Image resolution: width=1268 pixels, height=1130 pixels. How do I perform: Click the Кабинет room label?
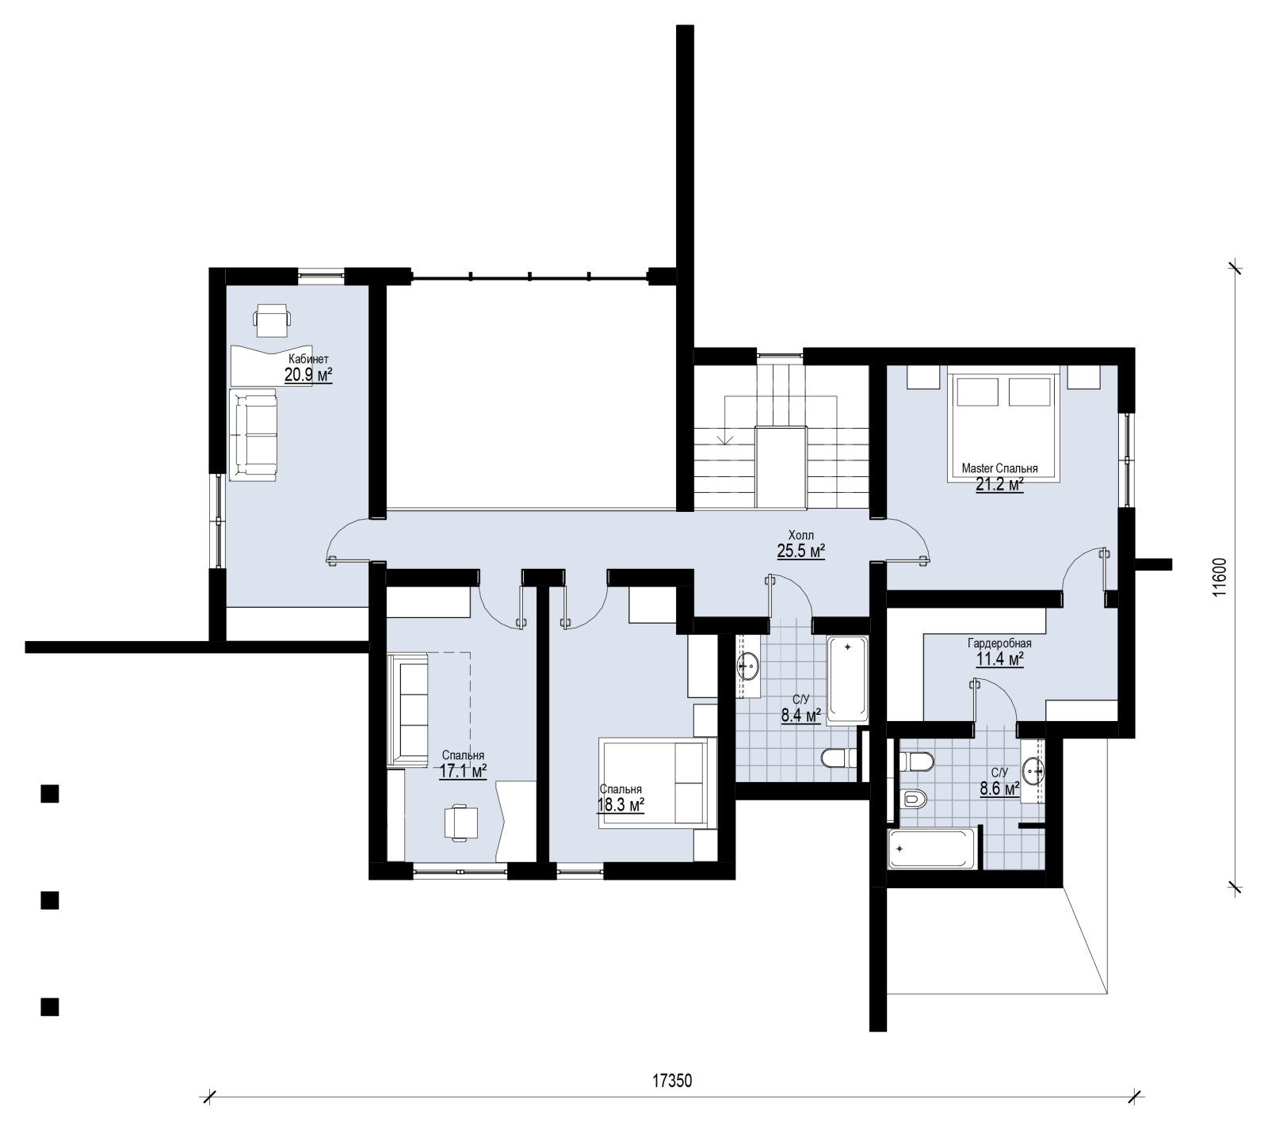click(x=308, y=358)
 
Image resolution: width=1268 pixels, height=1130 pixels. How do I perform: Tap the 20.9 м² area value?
click(x=308, y=375)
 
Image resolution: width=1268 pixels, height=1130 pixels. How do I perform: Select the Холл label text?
click(x=801, y=535)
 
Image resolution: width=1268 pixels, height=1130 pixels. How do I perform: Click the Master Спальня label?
click(x=999, y=468)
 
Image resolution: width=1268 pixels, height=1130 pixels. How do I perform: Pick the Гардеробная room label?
click(x=999, y=643)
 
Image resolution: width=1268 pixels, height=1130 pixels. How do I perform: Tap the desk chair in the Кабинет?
click(x=272, y=318)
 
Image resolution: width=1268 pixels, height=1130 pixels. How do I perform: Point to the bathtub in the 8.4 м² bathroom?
click(x=847, y=680)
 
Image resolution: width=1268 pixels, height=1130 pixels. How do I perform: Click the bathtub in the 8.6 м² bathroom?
click(x=933, y=849)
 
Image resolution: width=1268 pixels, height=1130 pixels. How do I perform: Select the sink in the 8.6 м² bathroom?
click(x=1033, y=769)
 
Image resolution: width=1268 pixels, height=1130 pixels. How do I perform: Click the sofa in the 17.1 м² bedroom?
click(x=408, y=709)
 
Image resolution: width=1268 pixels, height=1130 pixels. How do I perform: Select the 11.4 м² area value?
click(x=999, y=659)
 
